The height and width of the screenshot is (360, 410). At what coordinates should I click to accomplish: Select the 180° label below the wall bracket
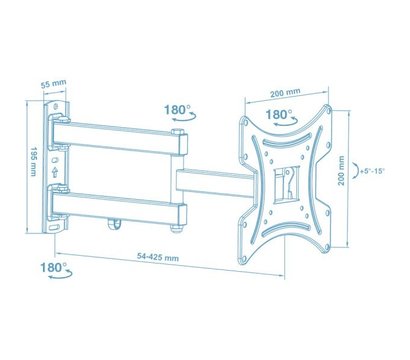point(54,268)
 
